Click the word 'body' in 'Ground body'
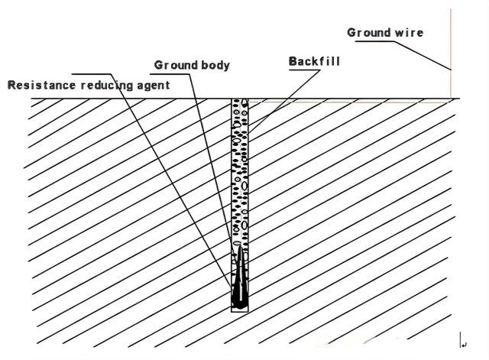(x=212, y=66)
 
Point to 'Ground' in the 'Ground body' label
(x=173, y=66)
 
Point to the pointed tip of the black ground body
(x=241, y=246)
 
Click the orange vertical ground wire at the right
(x=451, y=54)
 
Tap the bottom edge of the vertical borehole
(x=241, y=310)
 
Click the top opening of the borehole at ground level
(x=241, y=99)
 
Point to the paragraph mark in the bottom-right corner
(x=464, y=344)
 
